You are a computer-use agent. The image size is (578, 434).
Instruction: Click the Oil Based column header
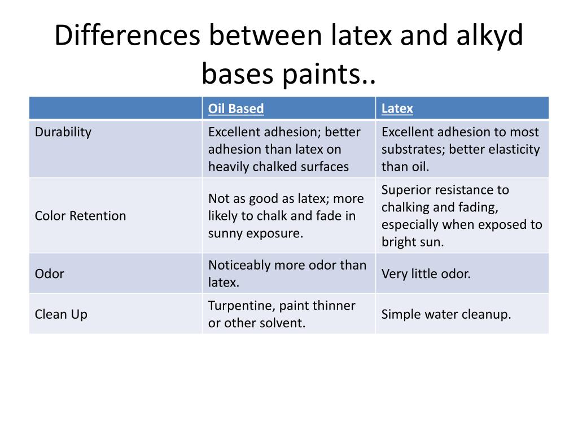[x=236, y=108]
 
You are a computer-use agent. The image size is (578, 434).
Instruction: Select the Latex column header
[x=397, y=108]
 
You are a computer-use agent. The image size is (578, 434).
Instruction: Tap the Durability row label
[x=63, y=132]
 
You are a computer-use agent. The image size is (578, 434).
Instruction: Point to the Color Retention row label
[x=80, y=216]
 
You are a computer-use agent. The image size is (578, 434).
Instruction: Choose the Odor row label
[x=50, y=274]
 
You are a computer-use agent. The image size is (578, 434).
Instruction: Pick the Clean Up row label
[x=61, y=315]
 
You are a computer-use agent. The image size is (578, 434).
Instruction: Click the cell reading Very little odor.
[x=426, y=274]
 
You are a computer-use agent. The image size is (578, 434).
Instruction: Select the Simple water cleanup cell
[x=446, y=314]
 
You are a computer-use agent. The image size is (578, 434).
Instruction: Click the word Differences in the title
[x=127, y=36]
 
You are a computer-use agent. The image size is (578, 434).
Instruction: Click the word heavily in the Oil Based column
[x=229, y=167]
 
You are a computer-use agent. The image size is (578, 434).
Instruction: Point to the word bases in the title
[x=238, y=74]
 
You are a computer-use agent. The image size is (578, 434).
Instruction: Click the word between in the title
[x=265, y=36]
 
